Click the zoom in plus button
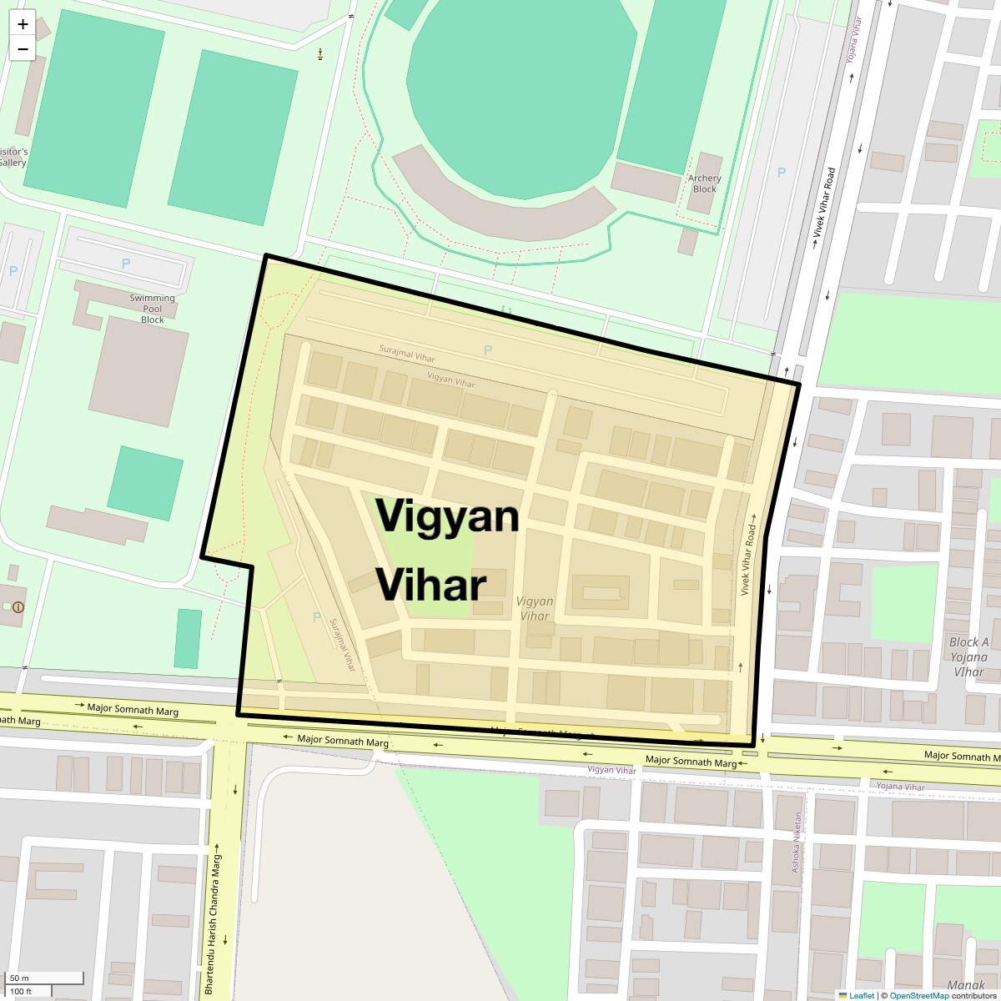coord(23,24)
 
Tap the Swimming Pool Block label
coord(152,309)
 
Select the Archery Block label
coord(704,184)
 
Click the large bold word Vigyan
coord(447,516)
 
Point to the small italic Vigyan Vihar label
coord(534,608)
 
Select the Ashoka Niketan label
coord(797,842)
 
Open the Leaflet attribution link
coord(861,995)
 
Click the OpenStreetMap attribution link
coord(918,995)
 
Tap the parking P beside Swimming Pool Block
coord(126,263)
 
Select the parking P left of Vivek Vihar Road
coord(782,173)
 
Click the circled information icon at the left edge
coord(18,607)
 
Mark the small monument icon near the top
coord(320,55)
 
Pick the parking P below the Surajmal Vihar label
coord(488,350)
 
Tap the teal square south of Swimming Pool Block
coord(144,483)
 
